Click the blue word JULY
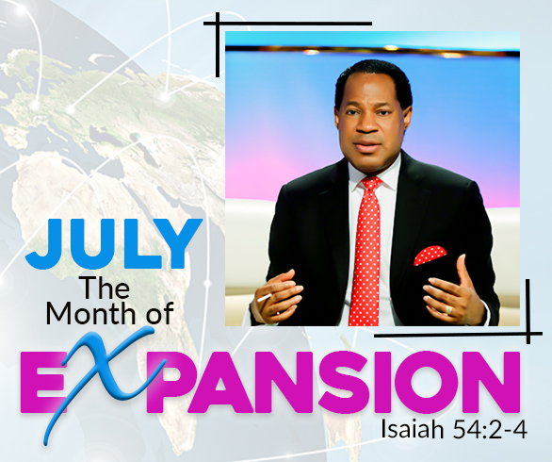114,243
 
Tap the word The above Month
106,288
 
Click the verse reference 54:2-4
490,430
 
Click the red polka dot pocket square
430,256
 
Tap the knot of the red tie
371,184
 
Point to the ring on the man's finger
448,310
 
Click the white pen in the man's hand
264,298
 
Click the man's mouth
366,145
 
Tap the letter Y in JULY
183,243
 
